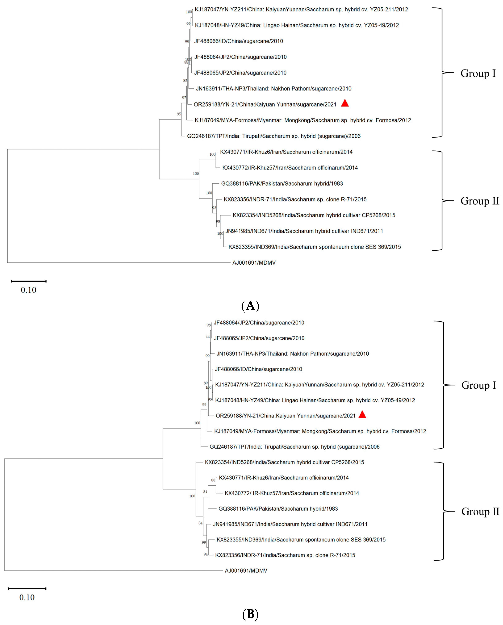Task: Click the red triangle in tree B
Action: pos(362,415)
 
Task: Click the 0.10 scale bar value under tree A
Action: pos(28,290)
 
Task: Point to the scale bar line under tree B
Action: pos(27,588)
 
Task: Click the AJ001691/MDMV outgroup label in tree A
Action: pos(254,263)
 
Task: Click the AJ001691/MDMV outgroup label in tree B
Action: pos(246,571)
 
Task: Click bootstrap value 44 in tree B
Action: pos(207,337)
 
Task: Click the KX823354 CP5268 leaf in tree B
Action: pos(284,462)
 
